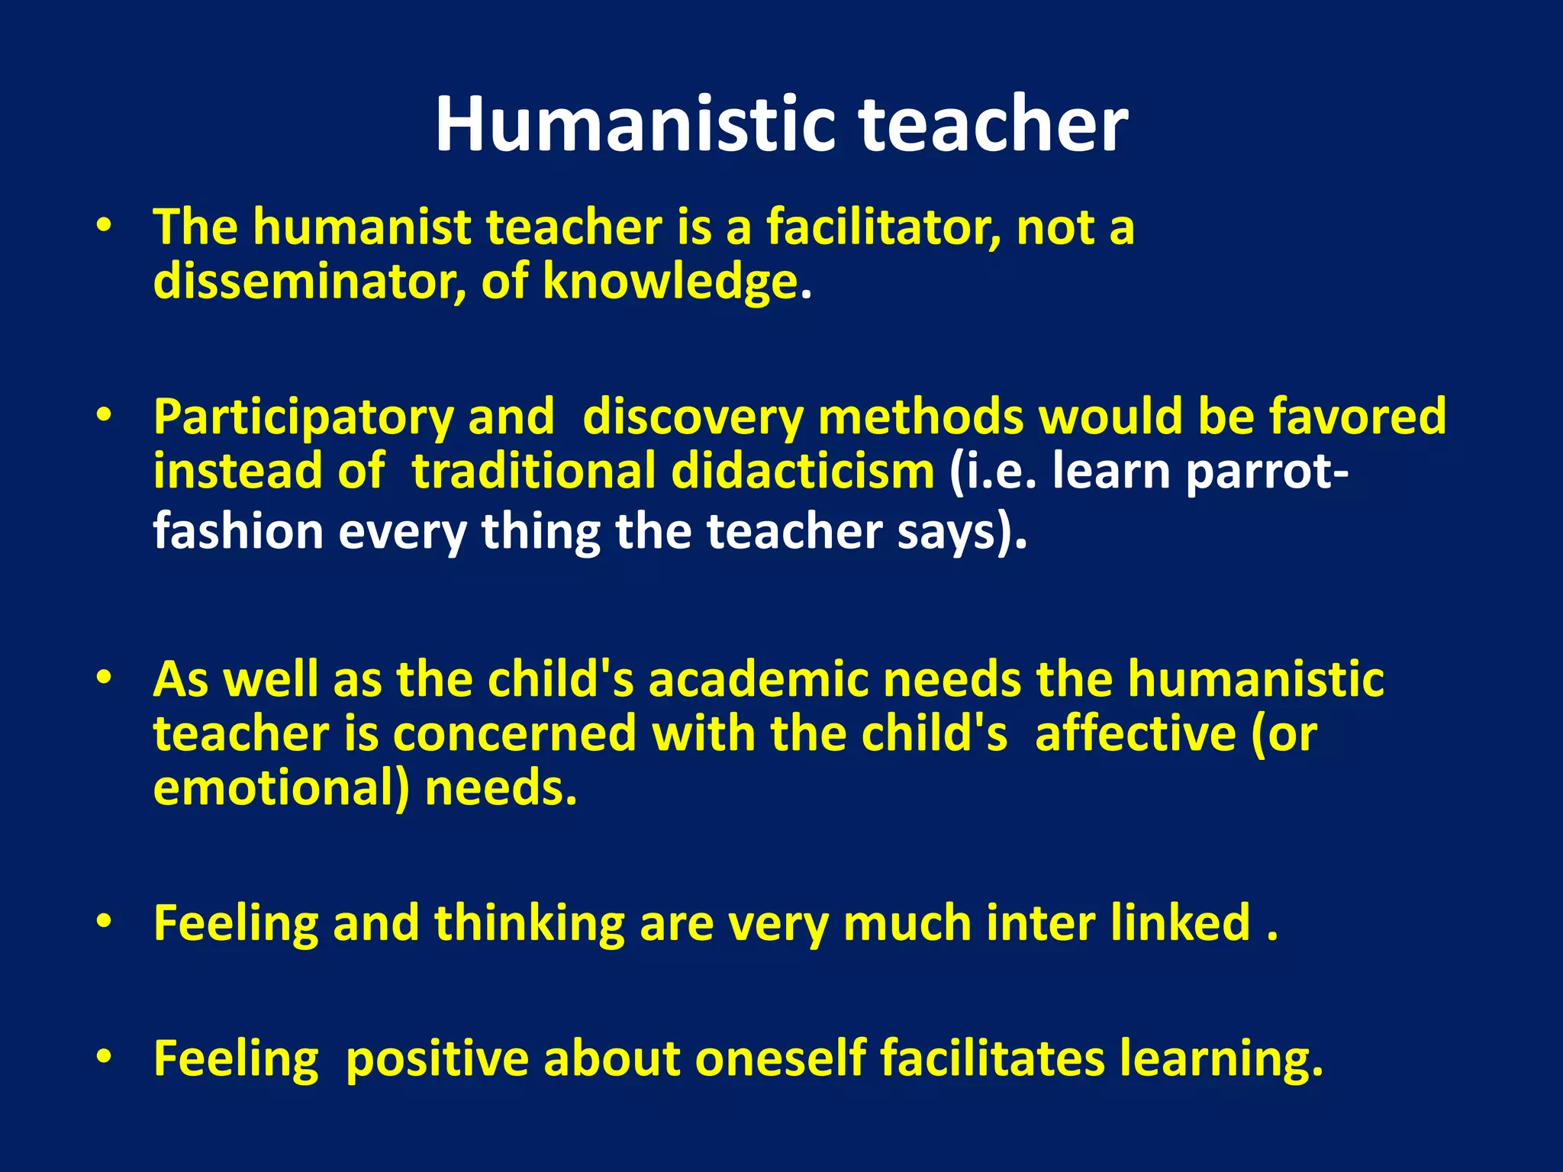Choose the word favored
click(x=1358, y=417)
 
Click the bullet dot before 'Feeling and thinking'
click(x=104, y=922)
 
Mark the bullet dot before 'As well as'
click(x=104, y=678)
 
